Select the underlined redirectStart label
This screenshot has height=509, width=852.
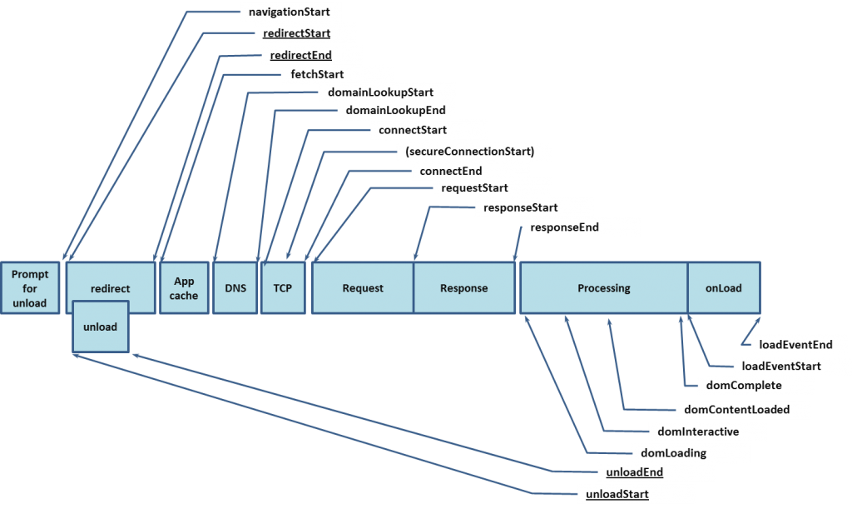pyautogui.click(x=295, y=33)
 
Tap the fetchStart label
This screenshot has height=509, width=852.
pyautogui.click(x=317, y=74)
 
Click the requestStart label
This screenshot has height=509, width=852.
pyautogui.click(x=474, y=188)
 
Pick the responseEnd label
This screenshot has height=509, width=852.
pyautogui.click(x=564, y=227)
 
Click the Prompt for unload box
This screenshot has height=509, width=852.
pyautogui.click(x=30, y=288)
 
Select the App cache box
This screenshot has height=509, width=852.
pyautogui.click(x=184, y=288)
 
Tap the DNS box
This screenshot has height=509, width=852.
pyautogui.click(x=235, y=288)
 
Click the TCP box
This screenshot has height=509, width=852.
pyautogui.click(x=283, y=288)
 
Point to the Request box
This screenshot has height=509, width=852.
pyautogui.click(x=363, y=288)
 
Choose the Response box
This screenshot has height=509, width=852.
pyautogui.click(x=463, y=288)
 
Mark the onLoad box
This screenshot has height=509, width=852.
pyautogui.click(x=723, y=288)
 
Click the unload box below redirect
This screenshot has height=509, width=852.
pyautogui.click(x=101, y=327)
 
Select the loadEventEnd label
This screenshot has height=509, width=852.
pyautogui.click(x=790, y=344)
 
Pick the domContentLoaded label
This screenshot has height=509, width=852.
pyautogui.click(x=736, y=409)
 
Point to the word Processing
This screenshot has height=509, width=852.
pyautogui.click(x=604, y=288)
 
